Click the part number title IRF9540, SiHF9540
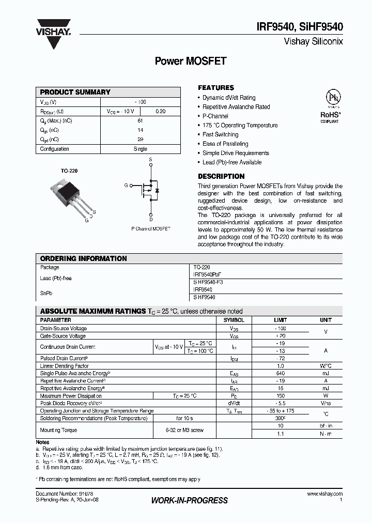(300, 29)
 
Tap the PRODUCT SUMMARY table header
(75, 92)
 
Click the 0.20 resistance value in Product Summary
(161, 111)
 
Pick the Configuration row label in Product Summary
(55, 149)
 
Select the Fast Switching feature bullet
(220, 134)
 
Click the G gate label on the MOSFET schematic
(126, 184)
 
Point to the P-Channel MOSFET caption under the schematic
(150, 228)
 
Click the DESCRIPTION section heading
(221, 176)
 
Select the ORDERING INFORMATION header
(84, 258)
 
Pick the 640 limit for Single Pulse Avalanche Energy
(281, 373)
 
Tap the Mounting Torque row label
(58, 429)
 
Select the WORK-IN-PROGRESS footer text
(189, 500)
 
